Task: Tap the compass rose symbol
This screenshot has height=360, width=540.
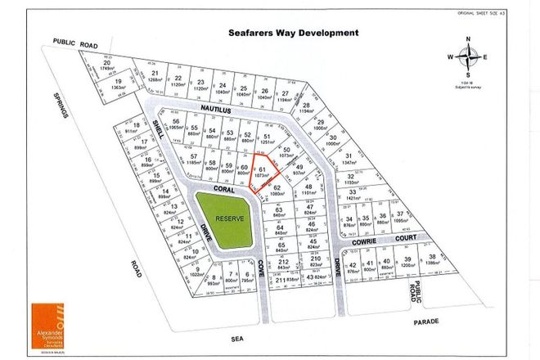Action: [x=467, y=57]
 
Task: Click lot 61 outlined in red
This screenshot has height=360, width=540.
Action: [x=262, y=173]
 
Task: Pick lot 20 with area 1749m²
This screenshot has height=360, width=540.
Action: [x=107, y=65]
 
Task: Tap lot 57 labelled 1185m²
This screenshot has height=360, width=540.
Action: [x=193, y=160]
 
